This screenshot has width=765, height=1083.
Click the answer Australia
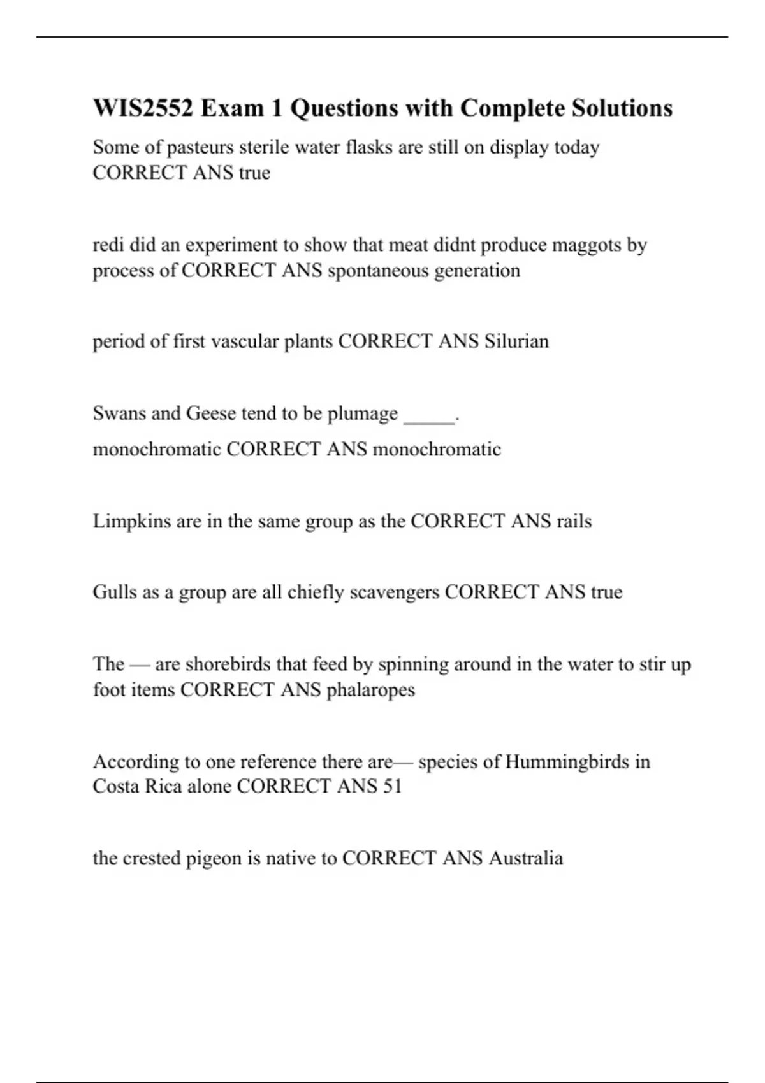pyautogui.click(x=525, y=858)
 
